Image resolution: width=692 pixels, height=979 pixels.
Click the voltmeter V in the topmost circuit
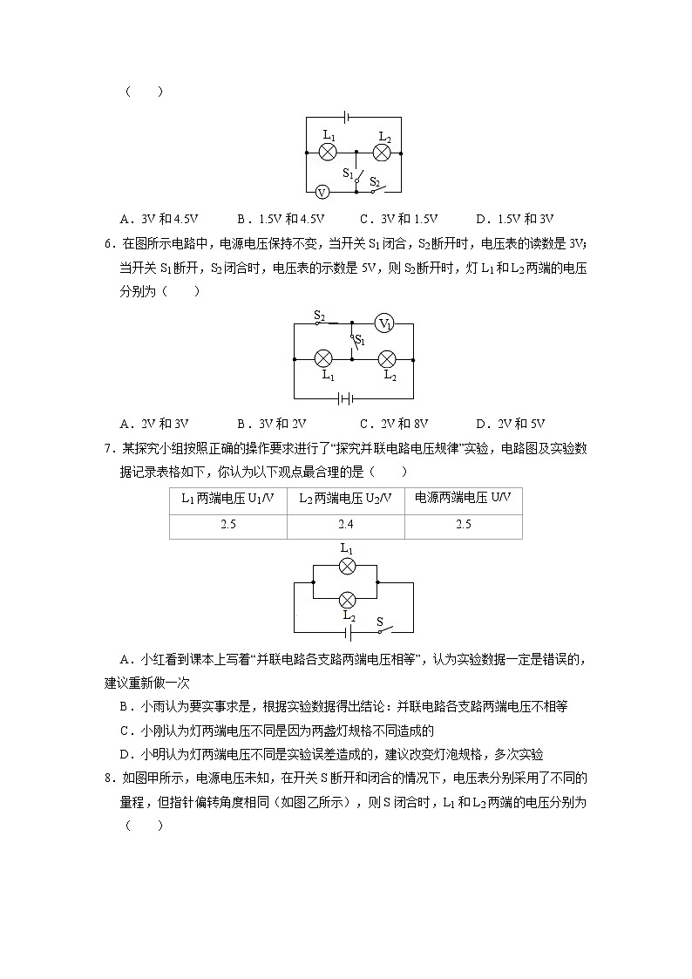click(x=321, y=192)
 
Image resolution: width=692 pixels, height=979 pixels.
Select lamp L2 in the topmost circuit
click(x=381, y=153)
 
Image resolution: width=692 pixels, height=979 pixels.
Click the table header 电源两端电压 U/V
click(x=463, y=499)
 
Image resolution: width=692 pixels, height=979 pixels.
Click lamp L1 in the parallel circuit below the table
click(x=347, y=567)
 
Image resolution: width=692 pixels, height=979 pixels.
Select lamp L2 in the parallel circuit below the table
click(x=347, y=600)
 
